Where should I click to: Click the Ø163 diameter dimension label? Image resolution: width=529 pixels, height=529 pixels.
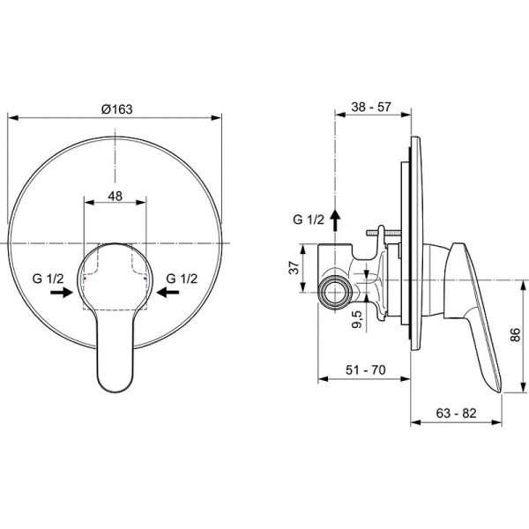[x=116, y=108]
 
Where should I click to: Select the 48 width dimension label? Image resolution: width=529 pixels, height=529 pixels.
[x=115, y=197]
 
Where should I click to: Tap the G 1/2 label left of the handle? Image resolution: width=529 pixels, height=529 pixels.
[x=49, y=279]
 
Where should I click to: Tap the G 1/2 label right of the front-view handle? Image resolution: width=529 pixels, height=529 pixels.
[x=182, y=279]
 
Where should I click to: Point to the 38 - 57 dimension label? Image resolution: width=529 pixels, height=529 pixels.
[x=371, y=107]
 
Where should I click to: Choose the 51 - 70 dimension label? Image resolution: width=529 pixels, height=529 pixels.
[x=363, y=371]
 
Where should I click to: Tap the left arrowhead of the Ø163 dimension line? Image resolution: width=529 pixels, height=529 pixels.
[x=11, y=117]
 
